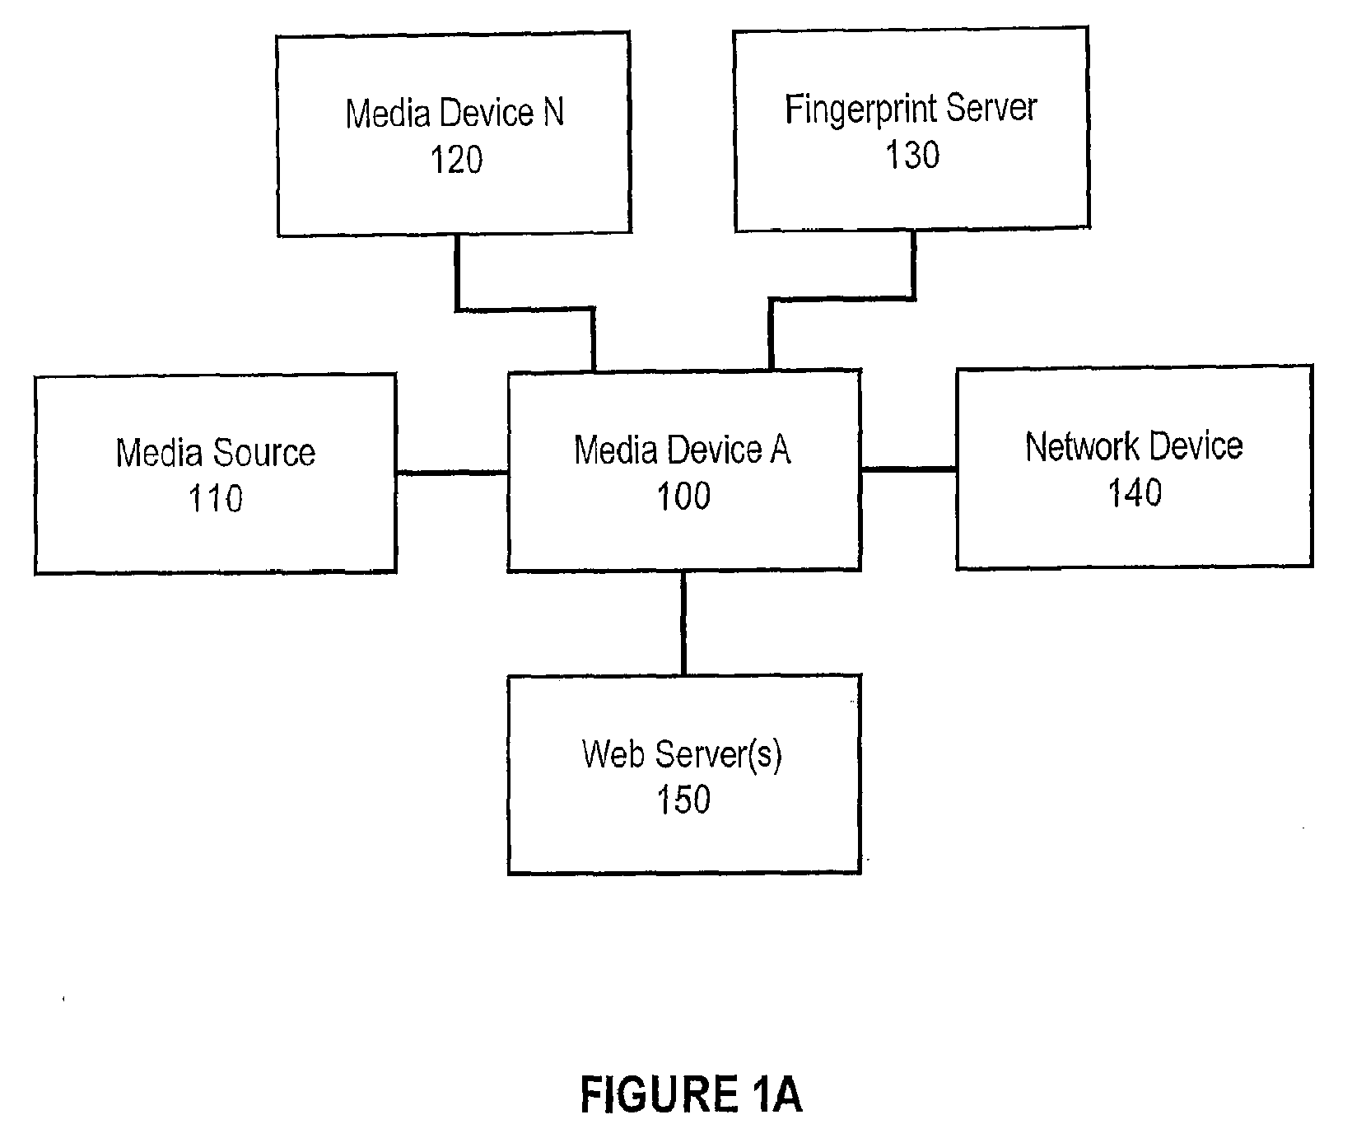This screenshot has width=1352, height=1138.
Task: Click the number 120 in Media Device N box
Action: (x=456, y=160)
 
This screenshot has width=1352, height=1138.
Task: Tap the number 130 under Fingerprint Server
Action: (x=912, y=155)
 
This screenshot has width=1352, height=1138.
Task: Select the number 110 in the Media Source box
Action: (x=216, y=499)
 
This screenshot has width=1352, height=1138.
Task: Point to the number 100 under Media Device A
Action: (x=683, y=496)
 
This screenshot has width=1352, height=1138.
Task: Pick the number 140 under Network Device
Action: (x=1135, y=492)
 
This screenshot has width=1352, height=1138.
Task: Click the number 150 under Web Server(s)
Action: (x=683, y=799)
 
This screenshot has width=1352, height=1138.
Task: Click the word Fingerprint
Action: (x=855, y=110)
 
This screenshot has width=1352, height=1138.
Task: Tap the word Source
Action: (x=265, y=453)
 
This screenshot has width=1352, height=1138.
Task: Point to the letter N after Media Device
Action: (x=552, y=113)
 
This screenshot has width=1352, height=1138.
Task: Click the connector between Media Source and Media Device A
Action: (x=452, y=473)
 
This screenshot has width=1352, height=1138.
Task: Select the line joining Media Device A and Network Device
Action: (x=909, y=469)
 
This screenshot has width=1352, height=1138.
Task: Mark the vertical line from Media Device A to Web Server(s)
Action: (x=683, y=623)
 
